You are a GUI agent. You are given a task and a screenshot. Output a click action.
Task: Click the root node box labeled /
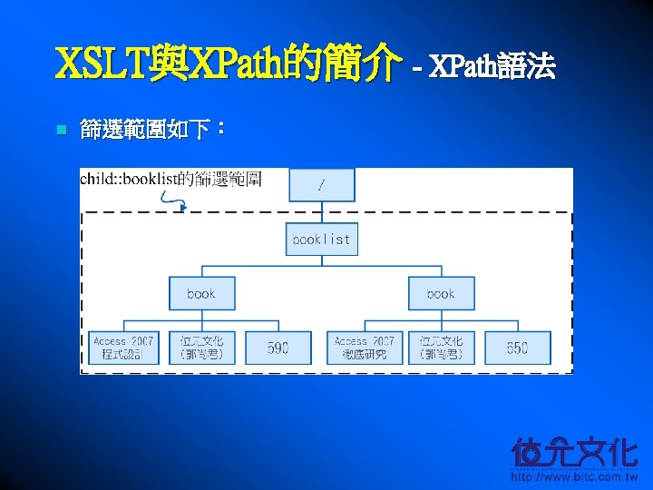322,184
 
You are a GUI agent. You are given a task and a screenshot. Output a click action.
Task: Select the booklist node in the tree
321,240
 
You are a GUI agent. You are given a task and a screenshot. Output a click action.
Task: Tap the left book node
201,294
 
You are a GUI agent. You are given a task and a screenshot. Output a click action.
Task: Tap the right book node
441,294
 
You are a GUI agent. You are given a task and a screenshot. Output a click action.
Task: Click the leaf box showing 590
278,348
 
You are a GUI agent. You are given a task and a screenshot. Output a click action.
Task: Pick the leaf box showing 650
517,348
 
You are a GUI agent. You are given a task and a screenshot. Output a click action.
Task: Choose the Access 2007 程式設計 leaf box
123,348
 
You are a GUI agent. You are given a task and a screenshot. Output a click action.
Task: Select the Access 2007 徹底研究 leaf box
363,348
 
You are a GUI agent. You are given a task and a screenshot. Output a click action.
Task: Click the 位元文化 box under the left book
201,348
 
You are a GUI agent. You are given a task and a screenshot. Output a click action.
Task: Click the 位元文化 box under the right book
441,348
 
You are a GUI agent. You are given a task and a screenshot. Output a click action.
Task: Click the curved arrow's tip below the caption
184,208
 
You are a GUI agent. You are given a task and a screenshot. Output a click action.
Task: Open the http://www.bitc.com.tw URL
574,476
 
